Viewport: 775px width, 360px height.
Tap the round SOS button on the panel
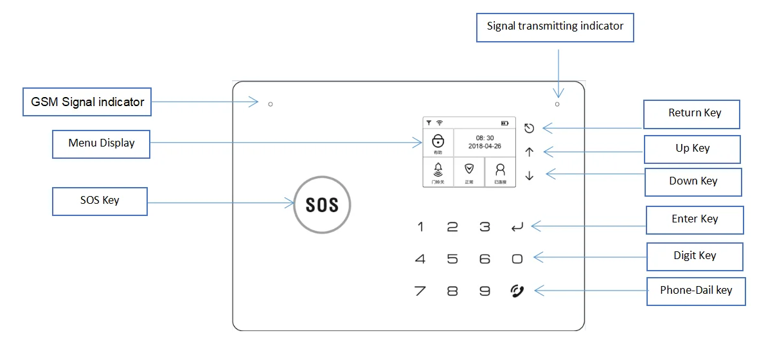point(322,204)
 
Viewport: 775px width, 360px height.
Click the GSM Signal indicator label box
point(87,102)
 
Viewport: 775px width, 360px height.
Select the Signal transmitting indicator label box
point(555,26)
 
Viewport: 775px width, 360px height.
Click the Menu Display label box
point(102,143)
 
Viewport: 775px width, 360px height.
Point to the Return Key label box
point(692,114)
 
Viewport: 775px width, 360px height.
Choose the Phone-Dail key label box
point(695,291)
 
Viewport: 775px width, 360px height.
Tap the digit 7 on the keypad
point(420,291)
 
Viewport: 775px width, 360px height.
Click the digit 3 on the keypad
point(485,226)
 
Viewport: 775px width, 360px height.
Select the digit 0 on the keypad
point(517,259)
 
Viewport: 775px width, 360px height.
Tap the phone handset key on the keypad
point(517,291)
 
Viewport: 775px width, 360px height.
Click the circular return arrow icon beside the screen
point(529,128)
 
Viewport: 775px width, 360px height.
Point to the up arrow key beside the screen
point(530,152)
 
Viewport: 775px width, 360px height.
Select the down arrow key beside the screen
point(530,175)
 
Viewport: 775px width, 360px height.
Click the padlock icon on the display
point(438,140)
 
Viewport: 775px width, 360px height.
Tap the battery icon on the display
point(504,122)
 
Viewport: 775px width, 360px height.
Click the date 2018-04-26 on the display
point(485,147)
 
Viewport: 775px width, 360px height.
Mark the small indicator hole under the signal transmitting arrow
point(557,104)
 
